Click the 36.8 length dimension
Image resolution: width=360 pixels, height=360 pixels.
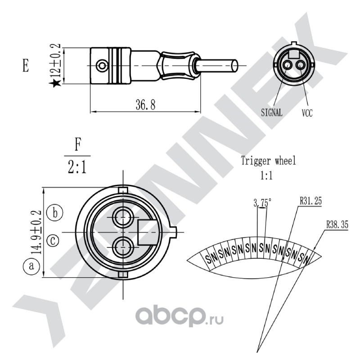pyautogui.click(x=145, y=105)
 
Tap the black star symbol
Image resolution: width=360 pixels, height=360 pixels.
pyautogui.click(x=55, y=83)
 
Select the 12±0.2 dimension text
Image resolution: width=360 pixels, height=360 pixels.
pyautogui.click(x=55, y=60)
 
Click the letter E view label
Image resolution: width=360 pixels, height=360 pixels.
pyautogui.click(x=26, y=65)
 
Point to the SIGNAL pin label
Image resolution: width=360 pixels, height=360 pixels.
pyautogui.click(x=272, y=112)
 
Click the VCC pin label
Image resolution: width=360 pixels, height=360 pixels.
pyautogui.click(x=307, y=113)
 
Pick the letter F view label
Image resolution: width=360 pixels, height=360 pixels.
pyautogui.click(x=77, y=144)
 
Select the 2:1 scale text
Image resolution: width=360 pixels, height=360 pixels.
pyautogui.click(x=77, y=167)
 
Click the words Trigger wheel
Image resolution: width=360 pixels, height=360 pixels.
pyautogui.click(x=268, y=161)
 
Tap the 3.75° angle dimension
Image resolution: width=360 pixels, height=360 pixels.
pyautogui.click(x=262, y=203)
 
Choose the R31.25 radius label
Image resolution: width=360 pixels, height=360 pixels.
pyautogui.click(x=310, y=201)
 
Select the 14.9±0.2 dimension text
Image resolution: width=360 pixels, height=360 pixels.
pyautogui.click(x=36, y=232)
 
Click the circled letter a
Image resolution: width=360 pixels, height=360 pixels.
pyautogui.click(x=31, y=266)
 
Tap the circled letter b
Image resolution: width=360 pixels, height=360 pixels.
pyautogui.click(x=55, y=212)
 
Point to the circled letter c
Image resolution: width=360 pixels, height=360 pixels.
pyautogui.click(x=53, y=241)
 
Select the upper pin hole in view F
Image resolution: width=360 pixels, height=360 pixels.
pyautogui.click(x=123, y=217)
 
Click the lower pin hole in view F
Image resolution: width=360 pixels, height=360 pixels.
pyautogui.click(x=123, y=247)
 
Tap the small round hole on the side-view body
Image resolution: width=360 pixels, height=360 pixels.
pyautogui.click(x=102, y=66)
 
